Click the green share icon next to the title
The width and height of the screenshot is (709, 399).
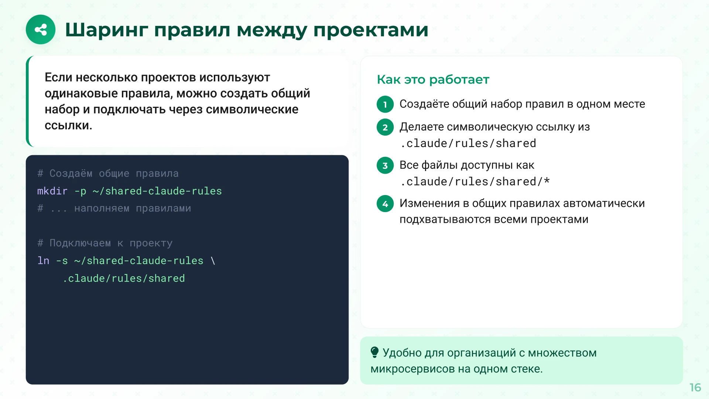(x=41, y=30)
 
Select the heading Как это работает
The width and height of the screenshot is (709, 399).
(x=433, y=79)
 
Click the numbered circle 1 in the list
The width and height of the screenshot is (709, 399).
(x=385, y=105)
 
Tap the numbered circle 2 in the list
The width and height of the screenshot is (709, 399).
(x=385, y=127)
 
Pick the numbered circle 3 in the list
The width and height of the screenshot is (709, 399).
(x=385, y=166)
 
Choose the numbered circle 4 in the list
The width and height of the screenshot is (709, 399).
(x=385, y=204)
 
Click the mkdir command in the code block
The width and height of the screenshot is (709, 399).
(x=52, y=191)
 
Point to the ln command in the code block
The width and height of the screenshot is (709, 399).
(x=43, y=261)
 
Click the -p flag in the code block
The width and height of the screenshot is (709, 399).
(x=80, y=191)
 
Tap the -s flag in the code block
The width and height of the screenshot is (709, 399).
(x=62, y=261)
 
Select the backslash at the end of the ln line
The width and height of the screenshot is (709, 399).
(x=213, y=261)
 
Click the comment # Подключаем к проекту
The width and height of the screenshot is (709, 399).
(x=105, y=243)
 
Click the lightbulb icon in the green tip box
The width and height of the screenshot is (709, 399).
(x=374, y=352)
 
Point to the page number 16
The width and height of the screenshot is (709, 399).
(x=695, y=387)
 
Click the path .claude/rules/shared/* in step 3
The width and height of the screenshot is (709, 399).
(x=475, y=182)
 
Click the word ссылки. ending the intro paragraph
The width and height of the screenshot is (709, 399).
(x=68, y=126)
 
